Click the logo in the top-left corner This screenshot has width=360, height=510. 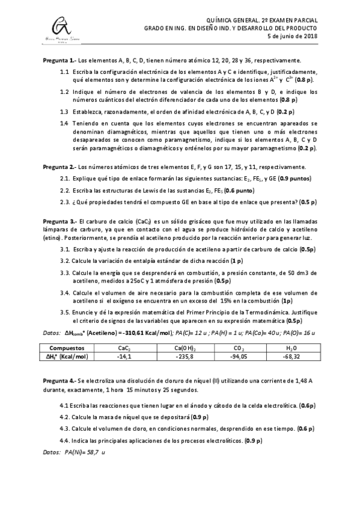[58, 28]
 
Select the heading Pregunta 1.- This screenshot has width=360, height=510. [59, 61]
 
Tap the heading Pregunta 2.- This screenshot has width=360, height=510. [59, 167]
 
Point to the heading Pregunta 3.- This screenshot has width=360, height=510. [59, 221]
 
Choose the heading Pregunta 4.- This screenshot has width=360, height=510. [59, 381]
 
